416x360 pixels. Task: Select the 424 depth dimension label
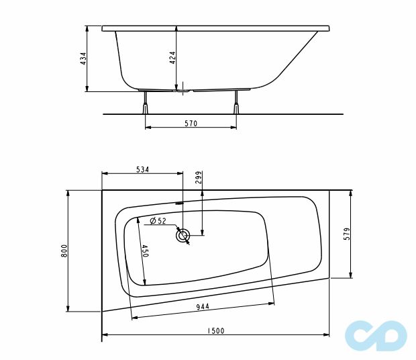point(172,58)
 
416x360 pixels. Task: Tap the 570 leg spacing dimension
point(191,123)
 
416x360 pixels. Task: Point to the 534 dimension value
point(142,169)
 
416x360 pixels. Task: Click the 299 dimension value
point(198,177)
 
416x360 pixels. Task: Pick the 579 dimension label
point(347,234)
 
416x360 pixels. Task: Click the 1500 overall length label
point(215,330)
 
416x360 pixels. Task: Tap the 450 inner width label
point(144,251)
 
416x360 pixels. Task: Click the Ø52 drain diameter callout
point(158,220)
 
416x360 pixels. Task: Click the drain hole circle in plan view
point(183,235)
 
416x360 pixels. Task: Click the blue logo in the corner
point(375,335)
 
